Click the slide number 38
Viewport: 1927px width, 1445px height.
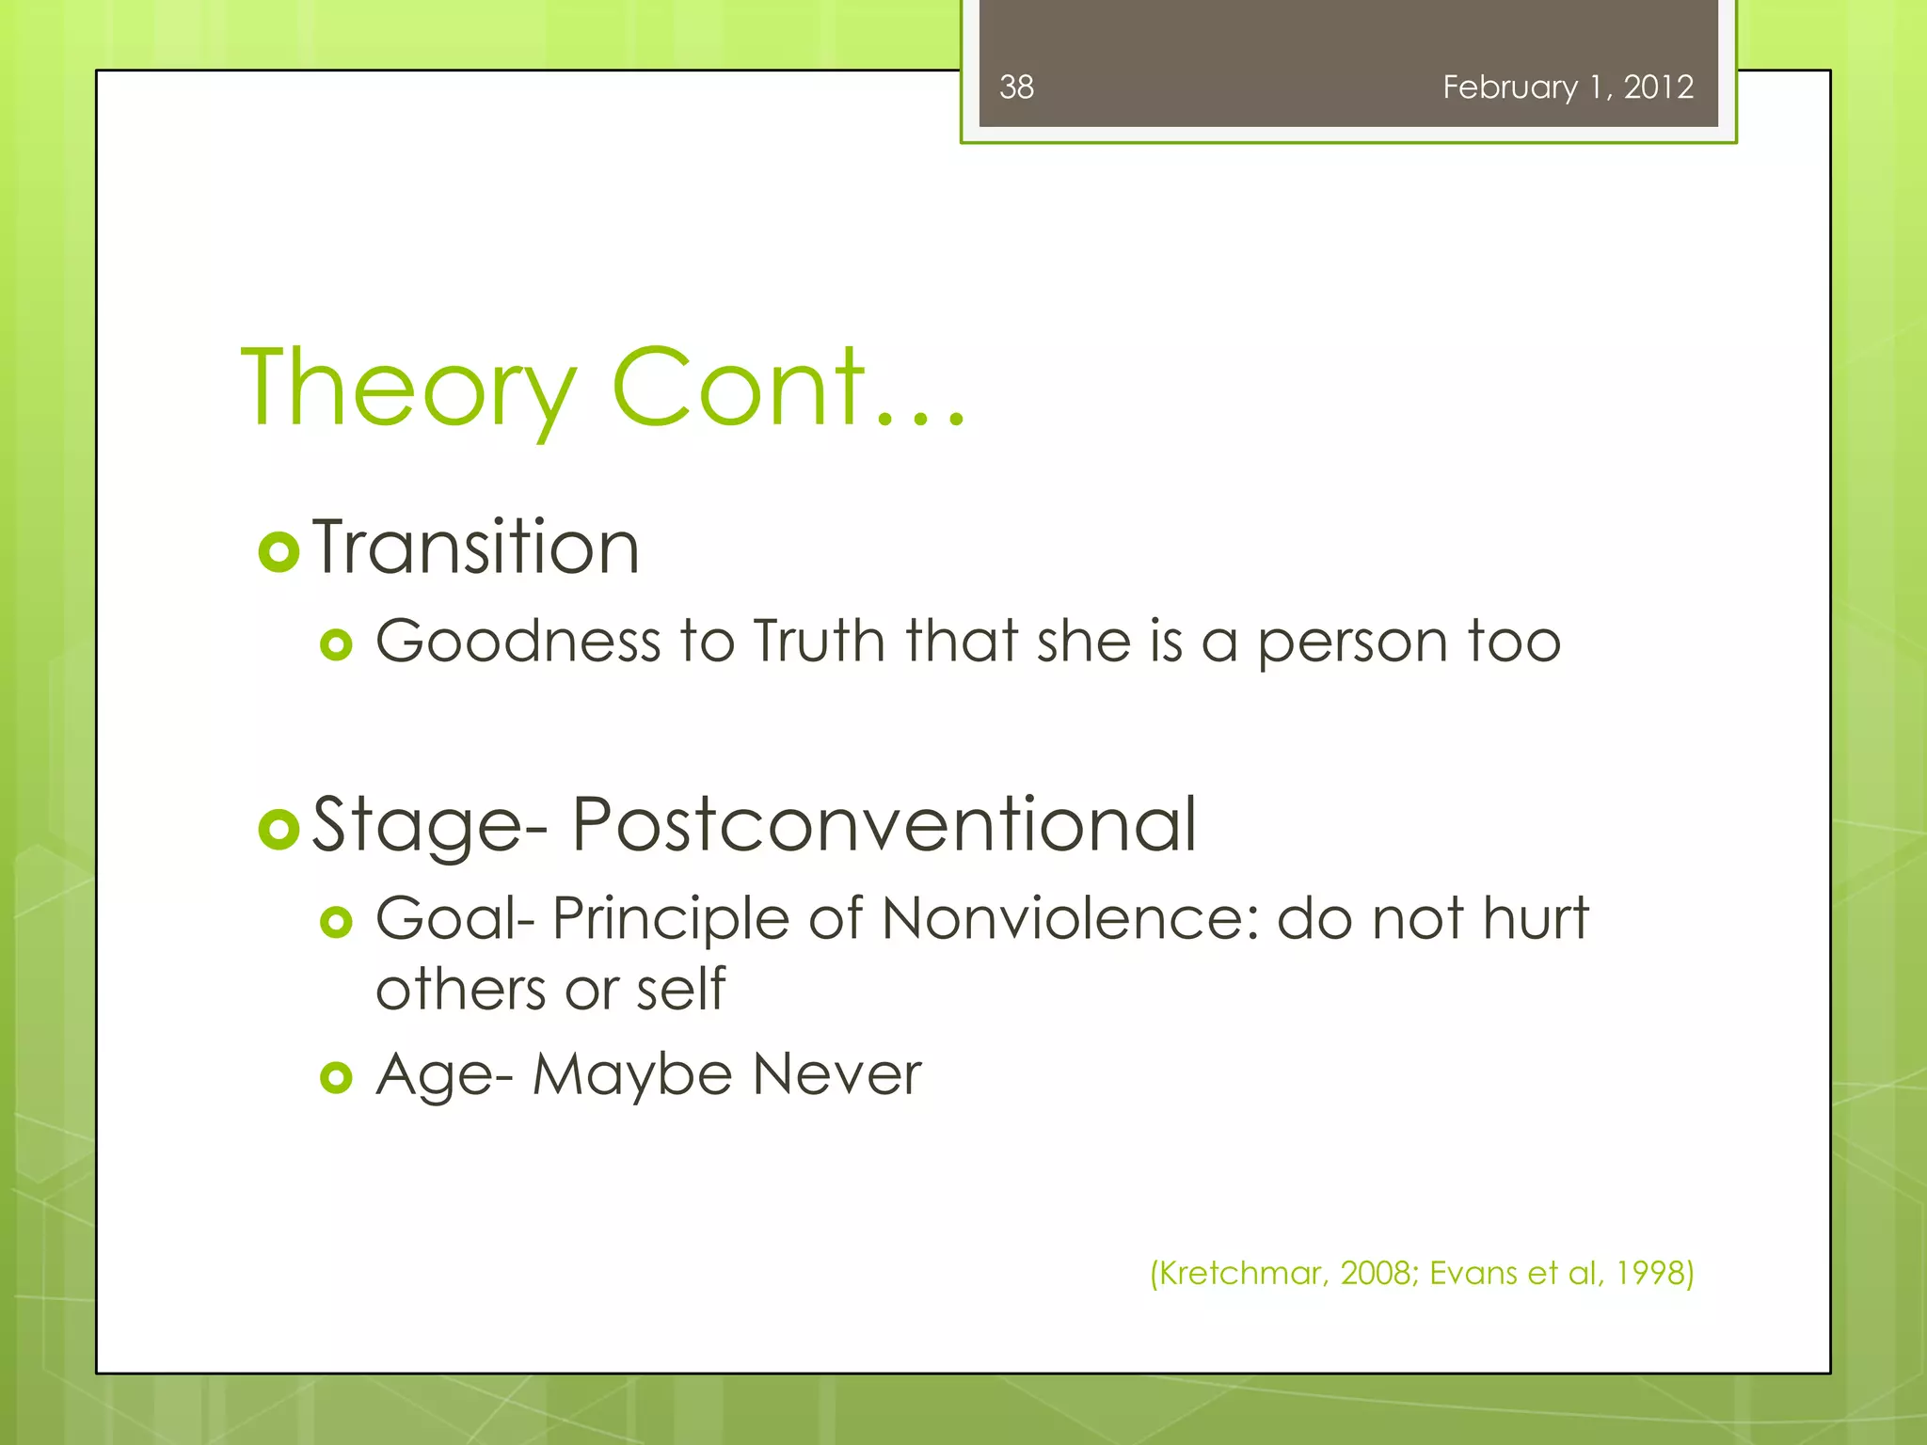(x=1016, y=87)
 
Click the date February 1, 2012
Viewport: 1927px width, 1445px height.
(x=1568, y=87)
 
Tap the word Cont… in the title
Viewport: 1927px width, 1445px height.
(x=788, y=389)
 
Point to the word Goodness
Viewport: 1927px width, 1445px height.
(x=518, y=642)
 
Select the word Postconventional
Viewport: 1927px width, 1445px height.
(x=884, y=824)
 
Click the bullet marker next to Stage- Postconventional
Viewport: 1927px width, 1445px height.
(x=279, y=829)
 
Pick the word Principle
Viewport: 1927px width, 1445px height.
(x=670, y=920)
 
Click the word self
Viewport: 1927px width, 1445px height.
(x=680, y=990)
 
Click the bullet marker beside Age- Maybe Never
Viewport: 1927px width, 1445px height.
(x=336, y=1077)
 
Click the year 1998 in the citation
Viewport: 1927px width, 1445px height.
(x=1649, y=1273)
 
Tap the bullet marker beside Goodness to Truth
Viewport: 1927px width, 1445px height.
(x=336, y=645)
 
